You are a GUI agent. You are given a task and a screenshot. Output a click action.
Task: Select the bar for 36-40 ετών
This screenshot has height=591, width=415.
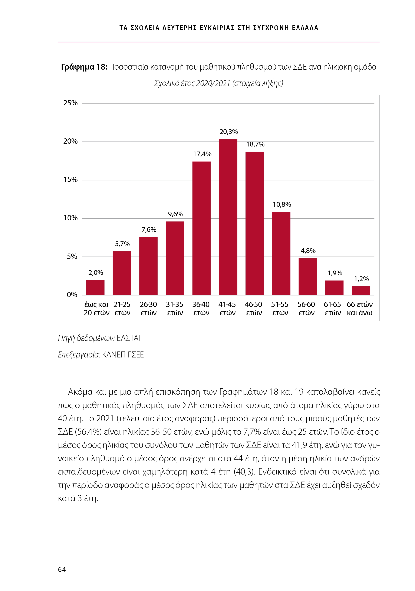click(201, 228)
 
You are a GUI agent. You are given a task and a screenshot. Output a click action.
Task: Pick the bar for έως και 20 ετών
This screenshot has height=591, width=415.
click(95, 288)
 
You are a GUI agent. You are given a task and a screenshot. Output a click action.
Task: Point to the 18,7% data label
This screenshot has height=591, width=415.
click(255, 144)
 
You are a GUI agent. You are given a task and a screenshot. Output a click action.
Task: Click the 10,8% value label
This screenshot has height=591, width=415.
click(282, 205)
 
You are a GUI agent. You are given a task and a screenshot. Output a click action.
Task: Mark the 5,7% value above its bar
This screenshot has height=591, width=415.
click(122, 244)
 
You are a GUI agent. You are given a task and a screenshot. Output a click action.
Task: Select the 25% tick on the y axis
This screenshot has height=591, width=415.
click(70, 103)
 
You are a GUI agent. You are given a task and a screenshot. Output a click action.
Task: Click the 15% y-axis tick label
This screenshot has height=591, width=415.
click(70, 180)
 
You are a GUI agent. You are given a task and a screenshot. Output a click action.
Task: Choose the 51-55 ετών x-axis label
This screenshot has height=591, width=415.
click(280, 309)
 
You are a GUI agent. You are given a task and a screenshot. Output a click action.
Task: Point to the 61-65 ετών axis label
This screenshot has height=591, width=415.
click(332, 309)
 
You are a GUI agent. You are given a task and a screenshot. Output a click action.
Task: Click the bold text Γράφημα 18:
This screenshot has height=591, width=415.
click(84, 67)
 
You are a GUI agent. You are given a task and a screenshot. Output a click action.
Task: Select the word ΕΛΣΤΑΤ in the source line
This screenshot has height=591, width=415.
click(129, 338)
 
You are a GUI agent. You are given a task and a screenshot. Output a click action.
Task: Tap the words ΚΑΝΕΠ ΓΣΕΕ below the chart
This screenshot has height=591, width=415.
click(123, 355)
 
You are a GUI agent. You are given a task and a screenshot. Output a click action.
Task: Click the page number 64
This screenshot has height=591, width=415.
click(62, 569)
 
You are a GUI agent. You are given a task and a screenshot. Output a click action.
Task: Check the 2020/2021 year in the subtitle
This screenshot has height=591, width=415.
click(213, 83)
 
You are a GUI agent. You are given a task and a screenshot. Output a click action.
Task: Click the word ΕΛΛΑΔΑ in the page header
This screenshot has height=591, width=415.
click(305, 28)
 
